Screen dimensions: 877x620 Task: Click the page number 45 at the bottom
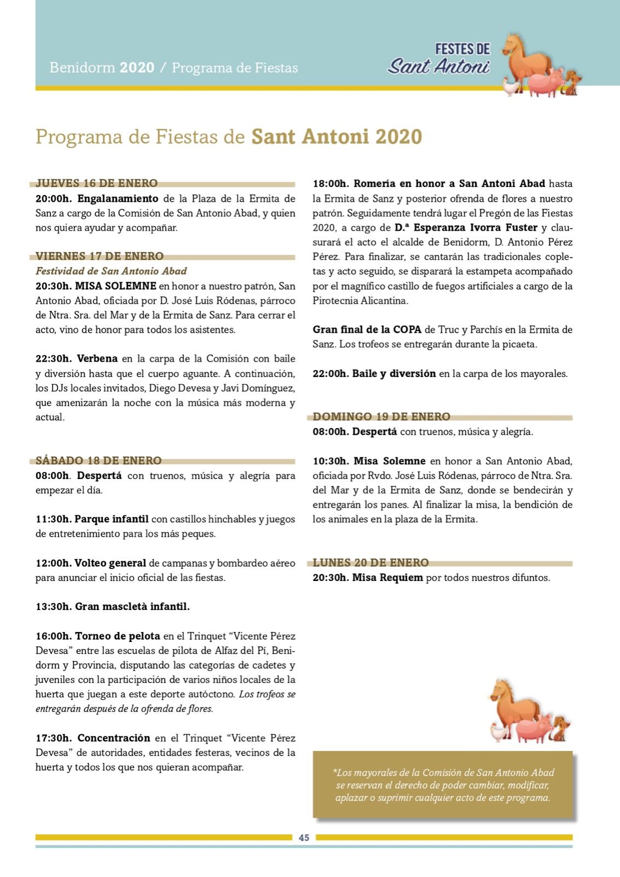click(304, 838)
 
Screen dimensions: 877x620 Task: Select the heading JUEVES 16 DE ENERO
click(96, 183)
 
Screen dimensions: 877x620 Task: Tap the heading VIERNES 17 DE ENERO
click(100, 256)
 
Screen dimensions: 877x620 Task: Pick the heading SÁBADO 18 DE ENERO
click(99, 460)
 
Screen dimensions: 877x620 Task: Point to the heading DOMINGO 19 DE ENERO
click(381, 417)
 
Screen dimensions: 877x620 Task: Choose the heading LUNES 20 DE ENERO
click(371, 562)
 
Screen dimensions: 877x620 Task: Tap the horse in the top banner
click(526, 58)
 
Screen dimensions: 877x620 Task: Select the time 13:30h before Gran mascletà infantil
click(54, 607)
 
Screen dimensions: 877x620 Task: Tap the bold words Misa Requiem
click(387, 577)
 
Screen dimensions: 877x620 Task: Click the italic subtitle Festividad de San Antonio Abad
click(111, 271)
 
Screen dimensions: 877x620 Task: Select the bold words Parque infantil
click(112, 519)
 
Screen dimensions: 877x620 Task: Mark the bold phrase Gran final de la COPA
click(367, 329)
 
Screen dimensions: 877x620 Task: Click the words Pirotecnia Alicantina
click(360, 300)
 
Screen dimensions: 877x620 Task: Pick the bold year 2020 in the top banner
click(137, 67)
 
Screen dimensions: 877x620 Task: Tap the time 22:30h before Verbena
click(54, 358)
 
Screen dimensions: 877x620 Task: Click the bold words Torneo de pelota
click(117, 636)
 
